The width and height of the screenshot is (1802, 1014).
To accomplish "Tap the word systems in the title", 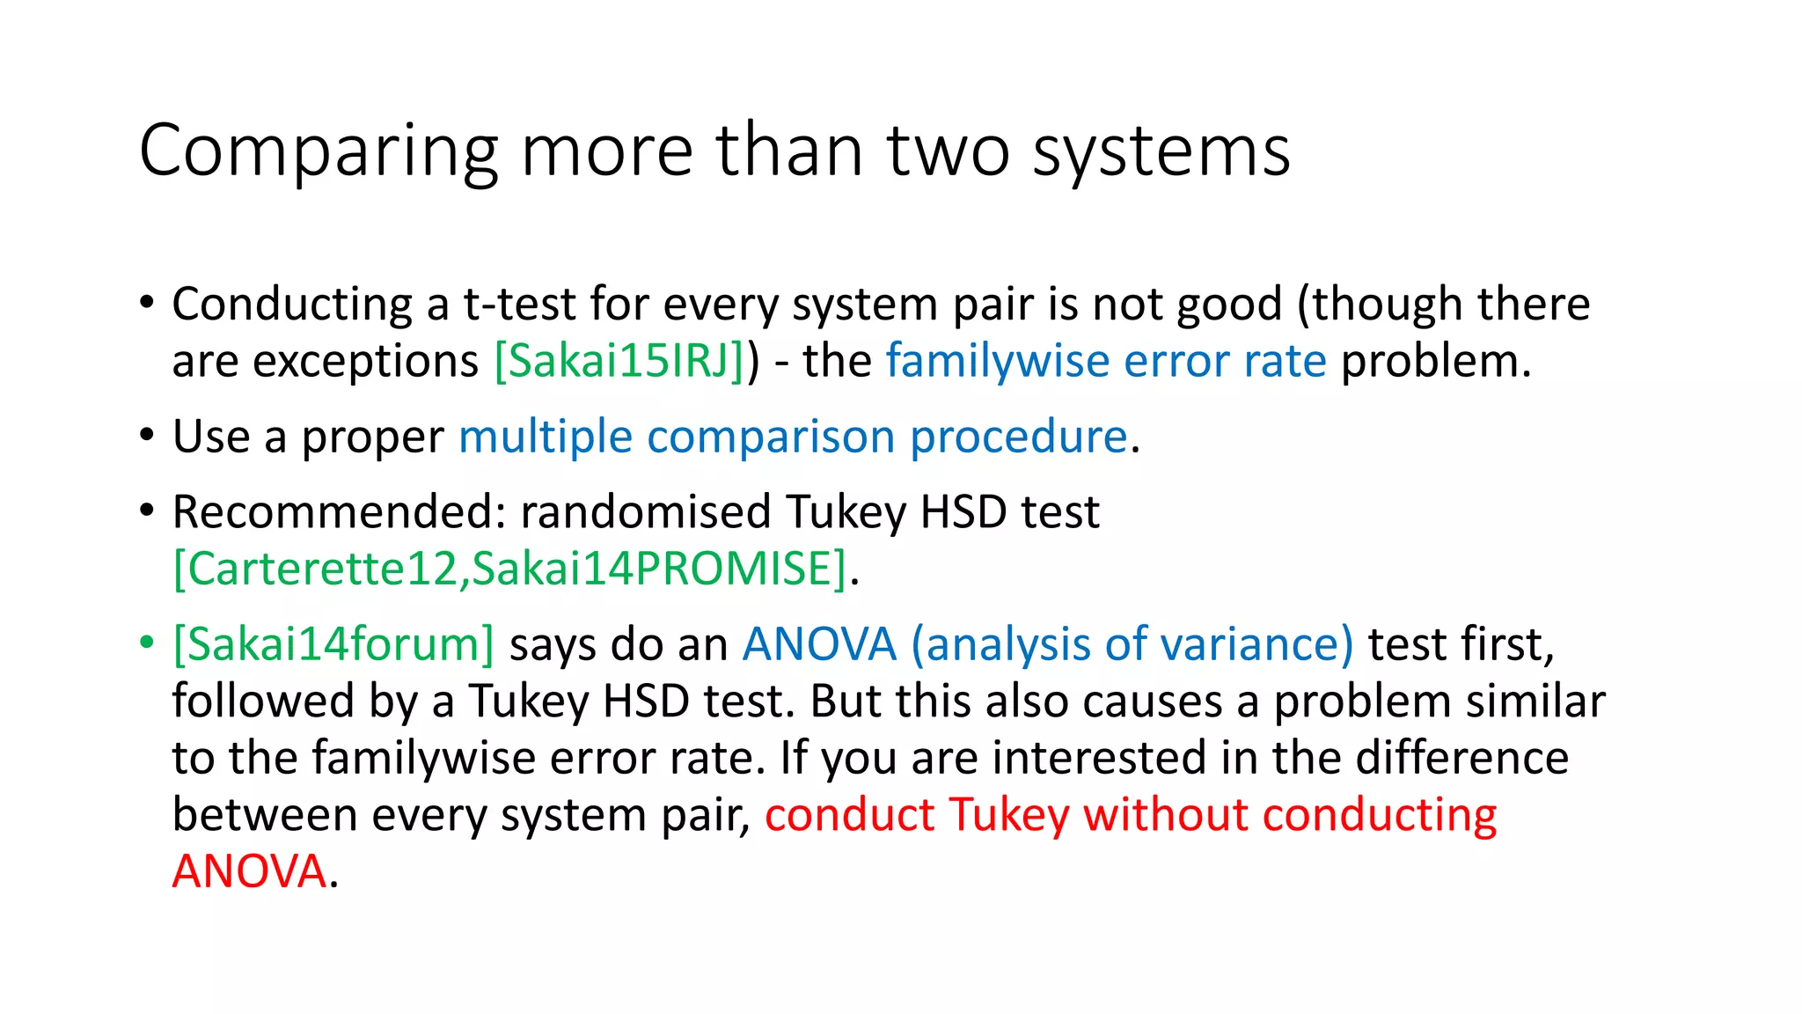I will (x=1161, y=151).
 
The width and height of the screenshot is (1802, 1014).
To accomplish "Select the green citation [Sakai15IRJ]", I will (x=620, y=361).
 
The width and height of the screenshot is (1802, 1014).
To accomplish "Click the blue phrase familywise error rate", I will (x=1105, y=361).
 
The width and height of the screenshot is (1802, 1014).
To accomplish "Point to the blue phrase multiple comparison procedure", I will (x=793, y=437).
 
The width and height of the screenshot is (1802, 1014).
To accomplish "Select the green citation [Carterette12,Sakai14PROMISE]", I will (x=509, y=569).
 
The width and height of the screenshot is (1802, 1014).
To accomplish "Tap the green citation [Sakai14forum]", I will (x=333, y=644).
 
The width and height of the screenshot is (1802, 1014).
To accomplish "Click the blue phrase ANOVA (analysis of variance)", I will (x=1047, y=644).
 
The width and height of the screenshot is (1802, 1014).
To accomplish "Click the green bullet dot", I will (x=147, y=642).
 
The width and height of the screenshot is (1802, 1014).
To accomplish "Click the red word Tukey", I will (x=1008, y=815).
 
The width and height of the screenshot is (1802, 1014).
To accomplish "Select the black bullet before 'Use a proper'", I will (x=147, y=434).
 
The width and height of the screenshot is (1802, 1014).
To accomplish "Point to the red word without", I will (x=1165, y=815).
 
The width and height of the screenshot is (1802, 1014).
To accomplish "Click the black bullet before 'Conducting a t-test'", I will (x=147, y=302).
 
